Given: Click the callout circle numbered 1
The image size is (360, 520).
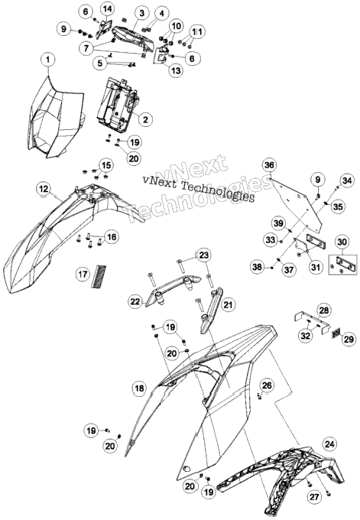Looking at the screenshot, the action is click(x=48, y=60).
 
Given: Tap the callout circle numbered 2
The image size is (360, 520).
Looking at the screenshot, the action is click(x=145, y=119).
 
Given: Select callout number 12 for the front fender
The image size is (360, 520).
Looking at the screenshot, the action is click(x=44, y=189).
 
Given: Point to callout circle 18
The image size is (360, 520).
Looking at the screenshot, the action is click(x=140, y=388).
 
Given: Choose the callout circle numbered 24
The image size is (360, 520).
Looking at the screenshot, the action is click(x=329, y=444).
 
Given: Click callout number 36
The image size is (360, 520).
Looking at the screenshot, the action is click(x=270, y=165).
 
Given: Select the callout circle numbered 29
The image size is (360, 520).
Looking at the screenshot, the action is click(x=349, y=340).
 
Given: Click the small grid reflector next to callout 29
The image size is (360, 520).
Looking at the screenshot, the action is click(x=336, y=333).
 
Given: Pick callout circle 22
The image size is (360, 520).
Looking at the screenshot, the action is click(x=136, y=301).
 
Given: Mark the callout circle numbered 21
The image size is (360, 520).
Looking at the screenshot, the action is click(x=228, y=304).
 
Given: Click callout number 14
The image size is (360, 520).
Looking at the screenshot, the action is click(x=107, y=10).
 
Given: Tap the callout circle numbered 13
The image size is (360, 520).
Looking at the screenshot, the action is click(x=176, y=70).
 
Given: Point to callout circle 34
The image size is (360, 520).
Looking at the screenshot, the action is click(x=347, y=180).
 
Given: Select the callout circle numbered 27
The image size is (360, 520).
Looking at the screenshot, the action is click(x=314, y=496).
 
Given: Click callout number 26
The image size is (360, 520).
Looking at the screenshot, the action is click(x=267, y=385).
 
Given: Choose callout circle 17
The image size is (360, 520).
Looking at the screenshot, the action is click(x=83, y=274).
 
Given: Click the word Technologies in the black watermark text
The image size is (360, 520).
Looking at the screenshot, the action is click(x=218, y=191).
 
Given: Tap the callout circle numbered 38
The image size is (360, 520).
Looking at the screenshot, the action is click(x=258, y=266).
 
